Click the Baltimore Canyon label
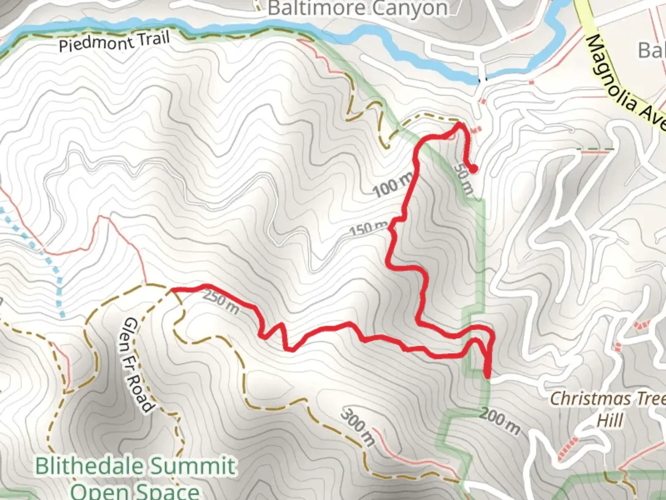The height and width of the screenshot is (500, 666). coord(358,8)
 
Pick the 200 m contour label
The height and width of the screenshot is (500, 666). coord(499,421)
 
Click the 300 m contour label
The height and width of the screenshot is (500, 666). coord(358,427)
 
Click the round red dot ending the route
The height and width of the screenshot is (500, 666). coord(473,169)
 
